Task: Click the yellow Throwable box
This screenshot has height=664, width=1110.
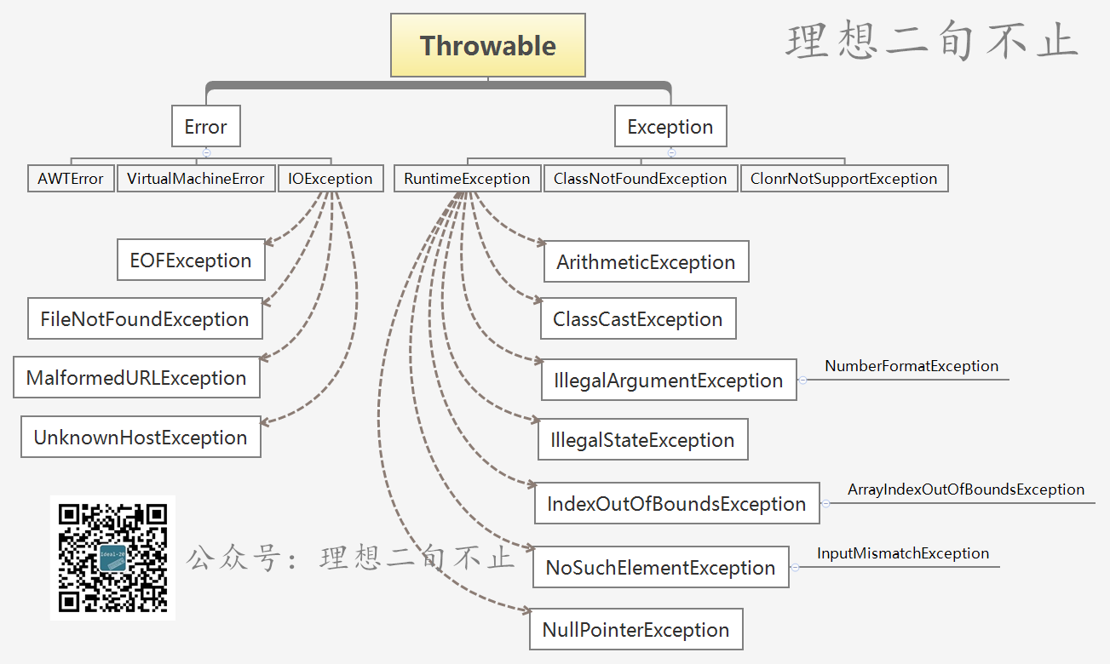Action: tap(488, 45)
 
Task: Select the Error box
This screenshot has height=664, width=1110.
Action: tap(206, 126)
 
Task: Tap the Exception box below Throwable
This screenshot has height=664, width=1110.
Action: tap(670, 126)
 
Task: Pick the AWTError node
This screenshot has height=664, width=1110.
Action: tap(71, 178)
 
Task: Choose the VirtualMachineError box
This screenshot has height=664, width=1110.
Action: tap(196, 178)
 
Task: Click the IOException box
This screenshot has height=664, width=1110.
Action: tap(331, 178)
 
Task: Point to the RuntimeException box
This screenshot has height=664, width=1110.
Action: tap(468, 178)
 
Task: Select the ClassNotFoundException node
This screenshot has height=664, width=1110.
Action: tap(641, 178)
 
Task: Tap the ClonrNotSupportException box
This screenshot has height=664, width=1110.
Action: tap(844, 178)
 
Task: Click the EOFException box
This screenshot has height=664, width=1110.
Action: tap(191, 260)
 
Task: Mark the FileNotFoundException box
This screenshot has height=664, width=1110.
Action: tap(145, 319)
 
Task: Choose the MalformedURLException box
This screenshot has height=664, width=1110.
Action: tap(136, 377)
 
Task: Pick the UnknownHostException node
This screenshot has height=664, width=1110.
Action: tap(141, 437)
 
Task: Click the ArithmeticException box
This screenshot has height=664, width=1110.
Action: tap(647, 262)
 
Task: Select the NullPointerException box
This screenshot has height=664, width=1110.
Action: tap(636, 629)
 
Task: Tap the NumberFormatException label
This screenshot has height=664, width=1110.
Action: tap(912, 366)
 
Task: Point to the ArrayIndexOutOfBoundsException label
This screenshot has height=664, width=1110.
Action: tap(966, 489)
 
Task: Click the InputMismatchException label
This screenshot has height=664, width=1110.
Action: tap(903, 553)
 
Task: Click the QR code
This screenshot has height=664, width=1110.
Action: tap(113, 558)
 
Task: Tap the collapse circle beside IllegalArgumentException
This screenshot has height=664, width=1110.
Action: tap(802, 380)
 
